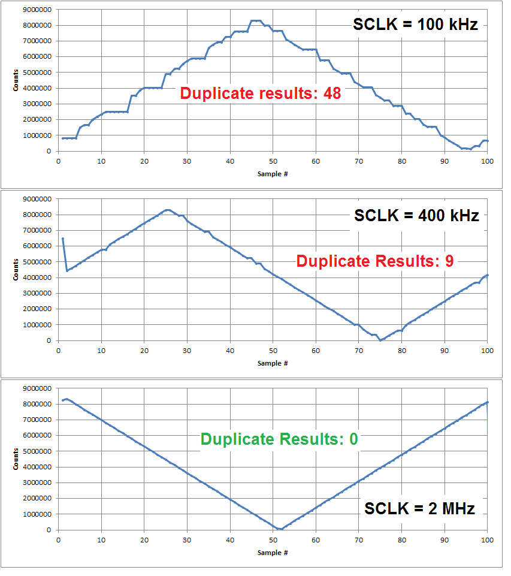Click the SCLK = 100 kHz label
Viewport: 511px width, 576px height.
[x=415, y=26]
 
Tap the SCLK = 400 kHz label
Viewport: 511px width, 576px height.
[x=416, y=216]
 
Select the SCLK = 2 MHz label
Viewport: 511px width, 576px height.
[x=420, y=509]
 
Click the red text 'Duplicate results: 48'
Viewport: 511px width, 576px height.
[x=261, y=94]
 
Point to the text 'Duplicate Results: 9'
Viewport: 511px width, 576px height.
[x=375, y=261]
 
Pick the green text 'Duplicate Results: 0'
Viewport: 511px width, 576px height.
[x=279, y=439]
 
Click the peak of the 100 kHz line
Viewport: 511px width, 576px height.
[x=256, y=21]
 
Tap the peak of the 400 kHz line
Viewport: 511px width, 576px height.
[x=168, y=210]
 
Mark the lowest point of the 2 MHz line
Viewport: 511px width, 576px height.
[x=280, y=529]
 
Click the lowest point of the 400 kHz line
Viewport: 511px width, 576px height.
[x=380, y=340]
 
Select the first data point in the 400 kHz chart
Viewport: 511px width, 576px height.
[x=62, y=239]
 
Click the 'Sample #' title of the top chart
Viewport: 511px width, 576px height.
[x=273, y=173]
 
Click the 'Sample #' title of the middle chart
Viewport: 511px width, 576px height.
[x=273, y=363]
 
